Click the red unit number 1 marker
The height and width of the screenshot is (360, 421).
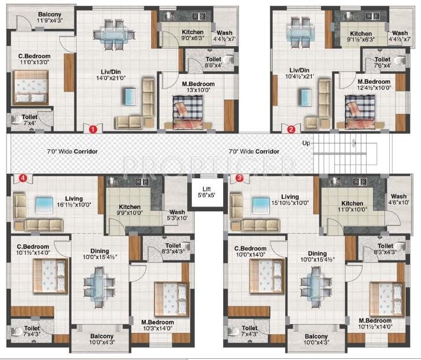click(92, 128)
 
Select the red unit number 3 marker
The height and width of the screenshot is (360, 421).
click(239, 177)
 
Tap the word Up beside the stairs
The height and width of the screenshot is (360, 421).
click(305, 143)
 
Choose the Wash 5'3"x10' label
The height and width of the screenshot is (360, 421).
click(177, 215)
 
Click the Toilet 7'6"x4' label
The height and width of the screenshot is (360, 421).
click(382, 63)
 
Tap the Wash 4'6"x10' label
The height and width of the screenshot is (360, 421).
click(398, 200)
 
